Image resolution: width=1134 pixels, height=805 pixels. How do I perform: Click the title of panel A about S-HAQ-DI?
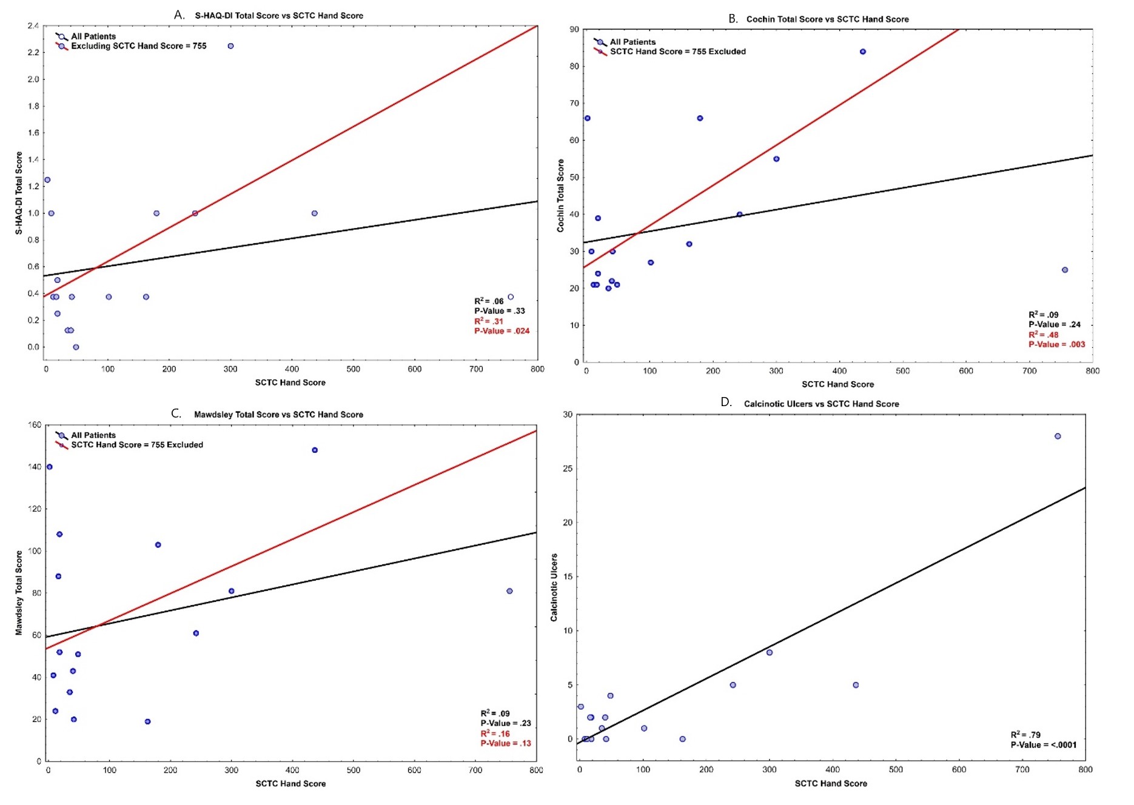278,15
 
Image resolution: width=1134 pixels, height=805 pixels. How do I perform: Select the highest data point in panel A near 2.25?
230,46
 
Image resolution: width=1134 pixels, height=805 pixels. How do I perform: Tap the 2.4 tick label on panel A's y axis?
33,25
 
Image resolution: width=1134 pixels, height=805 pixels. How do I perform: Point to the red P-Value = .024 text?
502,331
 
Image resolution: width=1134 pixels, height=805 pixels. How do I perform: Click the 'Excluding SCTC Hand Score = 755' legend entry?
138,46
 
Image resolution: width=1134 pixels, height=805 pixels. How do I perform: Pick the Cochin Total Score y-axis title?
560,195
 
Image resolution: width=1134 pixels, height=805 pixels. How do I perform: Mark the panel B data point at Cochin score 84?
863,52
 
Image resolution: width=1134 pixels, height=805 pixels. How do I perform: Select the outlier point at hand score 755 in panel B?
1065,270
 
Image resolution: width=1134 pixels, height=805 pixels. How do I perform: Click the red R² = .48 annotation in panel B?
1043,335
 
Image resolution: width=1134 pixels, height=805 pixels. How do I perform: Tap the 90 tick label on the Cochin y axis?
574,29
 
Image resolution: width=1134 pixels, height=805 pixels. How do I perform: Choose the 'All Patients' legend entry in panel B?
632,42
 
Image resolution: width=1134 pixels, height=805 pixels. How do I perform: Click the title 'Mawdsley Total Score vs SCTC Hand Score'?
278,415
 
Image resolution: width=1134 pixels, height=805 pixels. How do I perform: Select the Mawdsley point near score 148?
315,450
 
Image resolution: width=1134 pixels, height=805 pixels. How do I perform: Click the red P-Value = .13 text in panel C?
505,743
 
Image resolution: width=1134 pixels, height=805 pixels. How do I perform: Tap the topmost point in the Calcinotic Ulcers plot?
1058,436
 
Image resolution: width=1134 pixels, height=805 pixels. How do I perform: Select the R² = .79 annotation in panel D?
1025,735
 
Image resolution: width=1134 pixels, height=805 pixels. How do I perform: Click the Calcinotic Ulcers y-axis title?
554,587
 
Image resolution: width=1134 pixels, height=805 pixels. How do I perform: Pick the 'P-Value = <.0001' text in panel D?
1043,745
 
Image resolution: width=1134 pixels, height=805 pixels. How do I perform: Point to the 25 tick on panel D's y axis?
568,469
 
